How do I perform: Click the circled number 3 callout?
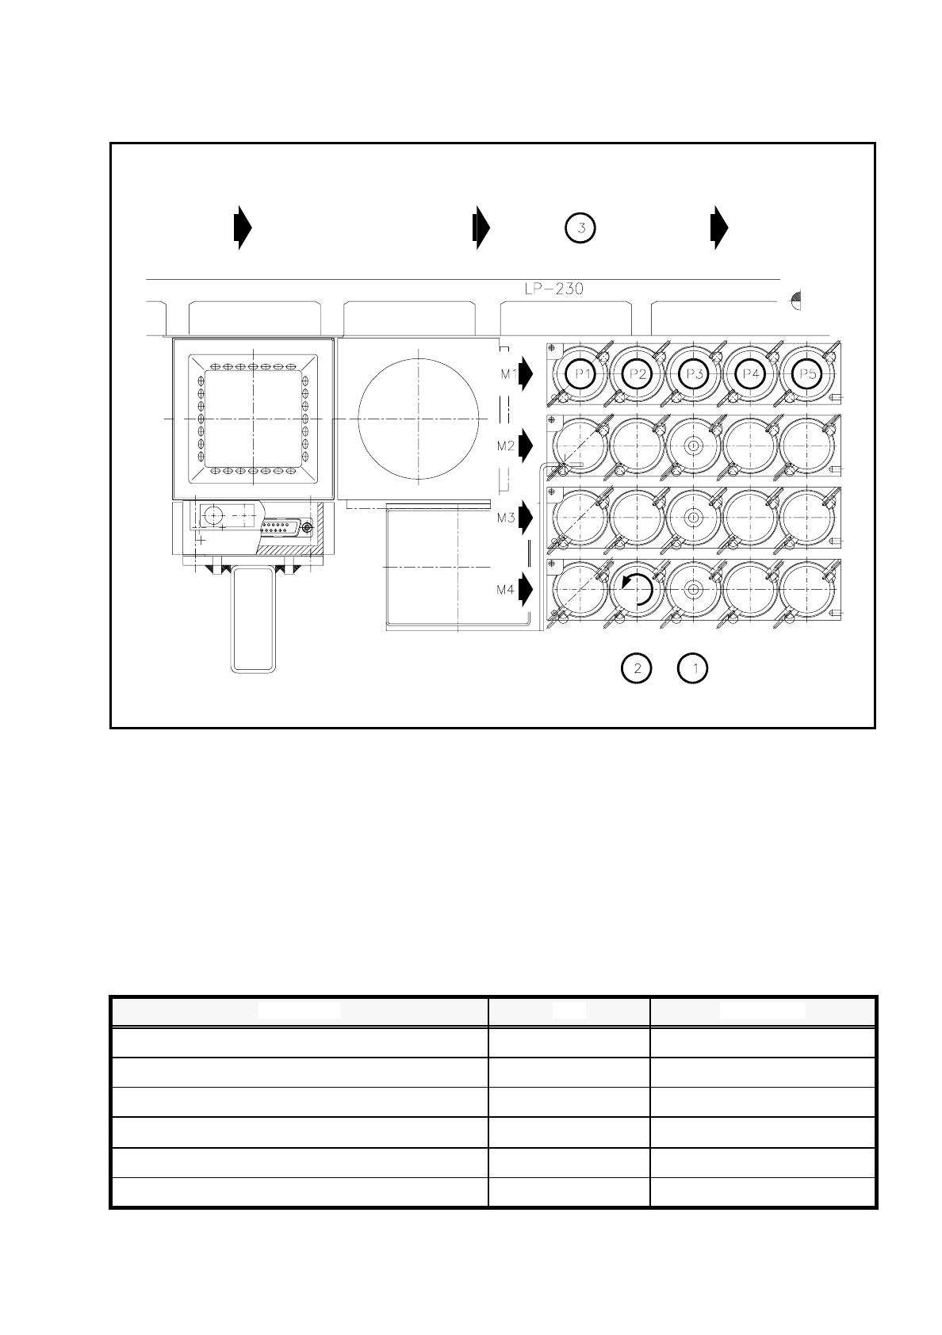point(580,228)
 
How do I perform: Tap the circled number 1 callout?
point(695,668)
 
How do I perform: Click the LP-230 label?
point(553,289)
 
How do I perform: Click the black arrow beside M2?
point(526,446)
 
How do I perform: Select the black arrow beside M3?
point(526,518)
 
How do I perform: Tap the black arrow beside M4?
point(526,590)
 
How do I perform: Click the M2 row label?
point(506,446)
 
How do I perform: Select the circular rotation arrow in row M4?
point(638,590)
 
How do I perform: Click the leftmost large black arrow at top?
point(243,228)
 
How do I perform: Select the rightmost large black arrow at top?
point(718,228)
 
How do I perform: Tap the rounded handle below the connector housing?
point(254,619)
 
